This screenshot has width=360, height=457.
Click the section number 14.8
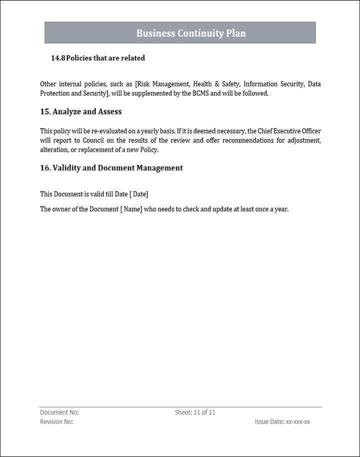point(58,58)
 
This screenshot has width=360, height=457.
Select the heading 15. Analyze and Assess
point(80,111)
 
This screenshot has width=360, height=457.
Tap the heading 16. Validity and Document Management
point(111,168)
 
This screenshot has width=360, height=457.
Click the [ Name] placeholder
point(131,209)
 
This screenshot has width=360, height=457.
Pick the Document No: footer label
point(59,412)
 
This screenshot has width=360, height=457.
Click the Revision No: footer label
point(56,422)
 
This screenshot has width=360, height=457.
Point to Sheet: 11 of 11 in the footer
point(195,412)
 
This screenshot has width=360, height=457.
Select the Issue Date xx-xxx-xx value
point(297,422)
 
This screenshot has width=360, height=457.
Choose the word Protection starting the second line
point(55,93)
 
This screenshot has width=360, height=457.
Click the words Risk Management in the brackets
point(164,84)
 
